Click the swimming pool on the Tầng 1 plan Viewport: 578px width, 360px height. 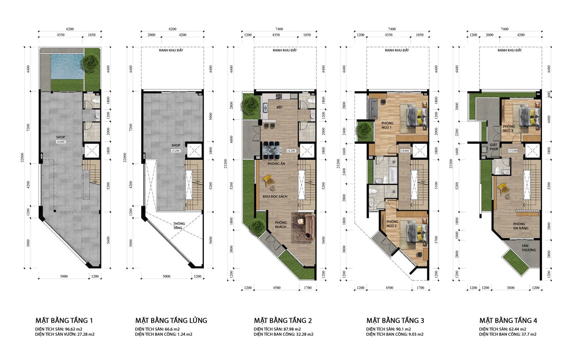[x=67, y=66]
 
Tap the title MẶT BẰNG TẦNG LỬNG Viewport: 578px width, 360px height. [x=171, y=320]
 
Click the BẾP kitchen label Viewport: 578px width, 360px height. [x=279, y=107]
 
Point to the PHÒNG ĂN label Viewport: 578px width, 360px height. [x=276, y=164]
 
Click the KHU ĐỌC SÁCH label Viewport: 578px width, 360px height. [x=275, y=197]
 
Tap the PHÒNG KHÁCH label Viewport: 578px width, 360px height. [x=281, y=225]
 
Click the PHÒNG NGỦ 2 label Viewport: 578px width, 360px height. [x=392, y=224]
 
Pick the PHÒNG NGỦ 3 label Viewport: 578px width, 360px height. [x=508, y=128]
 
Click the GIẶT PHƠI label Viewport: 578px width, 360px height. [x=494, y=147]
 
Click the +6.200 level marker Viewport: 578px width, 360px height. [x=291, y=151]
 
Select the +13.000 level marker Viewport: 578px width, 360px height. [x=513, y=151]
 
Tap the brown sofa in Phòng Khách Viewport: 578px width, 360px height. [x=310, y=227]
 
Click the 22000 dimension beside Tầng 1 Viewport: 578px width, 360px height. [x=22, y=158]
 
